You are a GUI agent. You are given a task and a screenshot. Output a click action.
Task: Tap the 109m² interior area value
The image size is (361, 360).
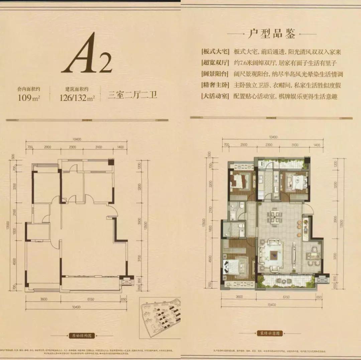[x=29, y=98]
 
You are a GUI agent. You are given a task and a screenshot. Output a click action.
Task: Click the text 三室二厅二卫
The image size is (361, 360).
[x=132, y=95]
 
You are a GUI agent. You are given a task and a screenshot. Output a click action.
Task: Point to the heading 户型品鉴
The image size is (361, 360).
[x=271, y=34]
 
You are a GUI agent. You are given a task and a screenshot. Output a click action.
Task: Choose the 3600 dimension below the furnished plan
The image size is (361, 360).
[x=238, y=297]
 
